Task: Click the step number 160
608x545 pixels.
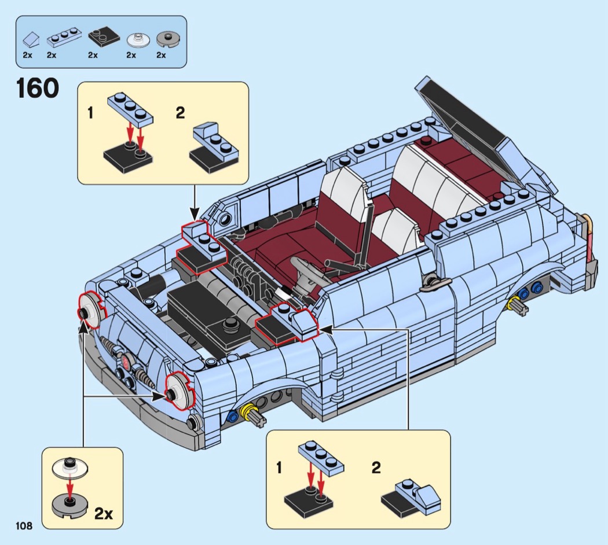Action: click(38, 88)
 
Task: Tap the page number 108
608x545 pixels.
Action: click(24, 526)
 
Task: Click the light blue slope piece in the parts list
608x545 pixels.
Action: click(31, 39)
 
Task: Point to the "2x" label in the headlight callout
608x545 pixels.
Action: click(104, 514)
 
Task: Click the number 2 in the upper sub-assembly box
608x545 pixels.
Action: click(180, 113)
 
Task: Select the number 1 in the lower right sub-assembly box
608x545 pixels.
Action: click(279, 468)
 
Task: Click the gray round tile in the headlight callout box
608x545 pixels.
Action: click(70, 503)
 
